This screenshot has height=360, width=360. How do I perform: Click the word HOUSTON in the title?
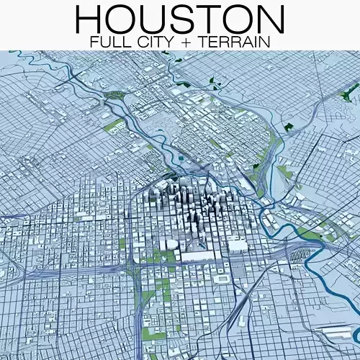click(x=180, y=19)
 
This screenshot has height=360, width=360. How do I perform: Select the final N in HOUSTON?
click(x=269, y=19)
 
